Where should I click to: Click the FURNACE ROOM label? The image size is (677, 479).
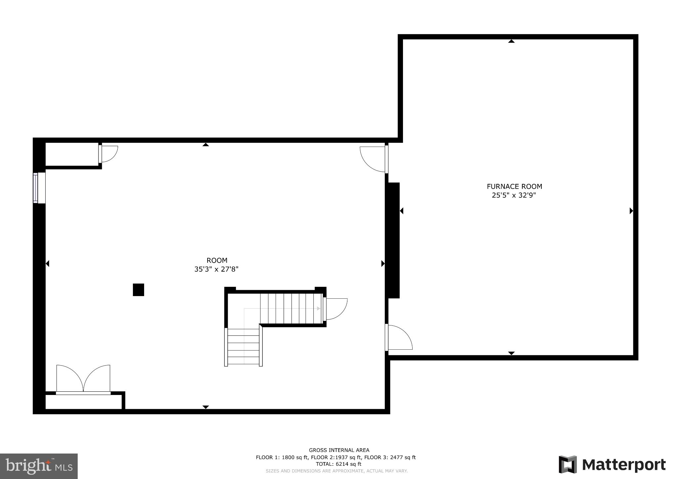pyautogui.click(x=514, y=187)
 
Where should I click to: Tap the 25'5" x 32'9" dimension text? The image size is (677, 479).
pyautogui.click(x=514, y=196)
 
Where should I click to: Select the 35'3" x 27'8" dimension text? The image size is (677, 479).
pyautogui.click(x=216, y=269)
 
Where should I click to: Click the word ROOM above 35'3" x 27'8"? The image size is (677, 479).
pyautogui.click(x=217, y=260)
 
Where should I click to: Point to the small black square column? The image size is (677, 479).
pyautogui.click(x=139, y=290)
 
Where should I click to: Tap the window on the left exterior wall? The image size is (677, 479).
pyautogui.click(x=36, y=188)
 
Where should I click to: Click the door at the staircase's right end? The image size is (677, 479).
pyautogui.click(x=335, y=309)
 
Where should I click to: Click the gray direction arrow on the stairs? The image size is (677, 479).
pyautogui.click(x=318, y=309)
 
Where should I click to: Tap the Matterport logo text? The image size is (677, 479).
pyautogui.click(x=623, y=465)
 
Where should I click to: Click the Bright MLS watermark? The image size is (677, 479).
pyautogui.click(x=39, y=466)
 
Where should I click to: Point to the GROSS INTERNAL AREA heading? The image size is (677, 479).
pyautogui.click(x=339, y=450)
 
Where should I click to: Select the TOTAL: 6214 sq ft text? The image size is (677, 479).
pyautogui.click(x=338, y=464)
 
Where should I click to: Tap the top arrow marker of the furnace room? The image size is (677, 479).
pyautogui.click(x=511, y=41)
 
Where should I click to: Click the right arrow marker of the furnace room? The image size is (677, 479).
pyautogui.click(x=631, y=211)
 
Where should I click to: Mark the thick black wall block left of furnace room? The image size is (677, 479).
pyautogui.click(x=393, y=240)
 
